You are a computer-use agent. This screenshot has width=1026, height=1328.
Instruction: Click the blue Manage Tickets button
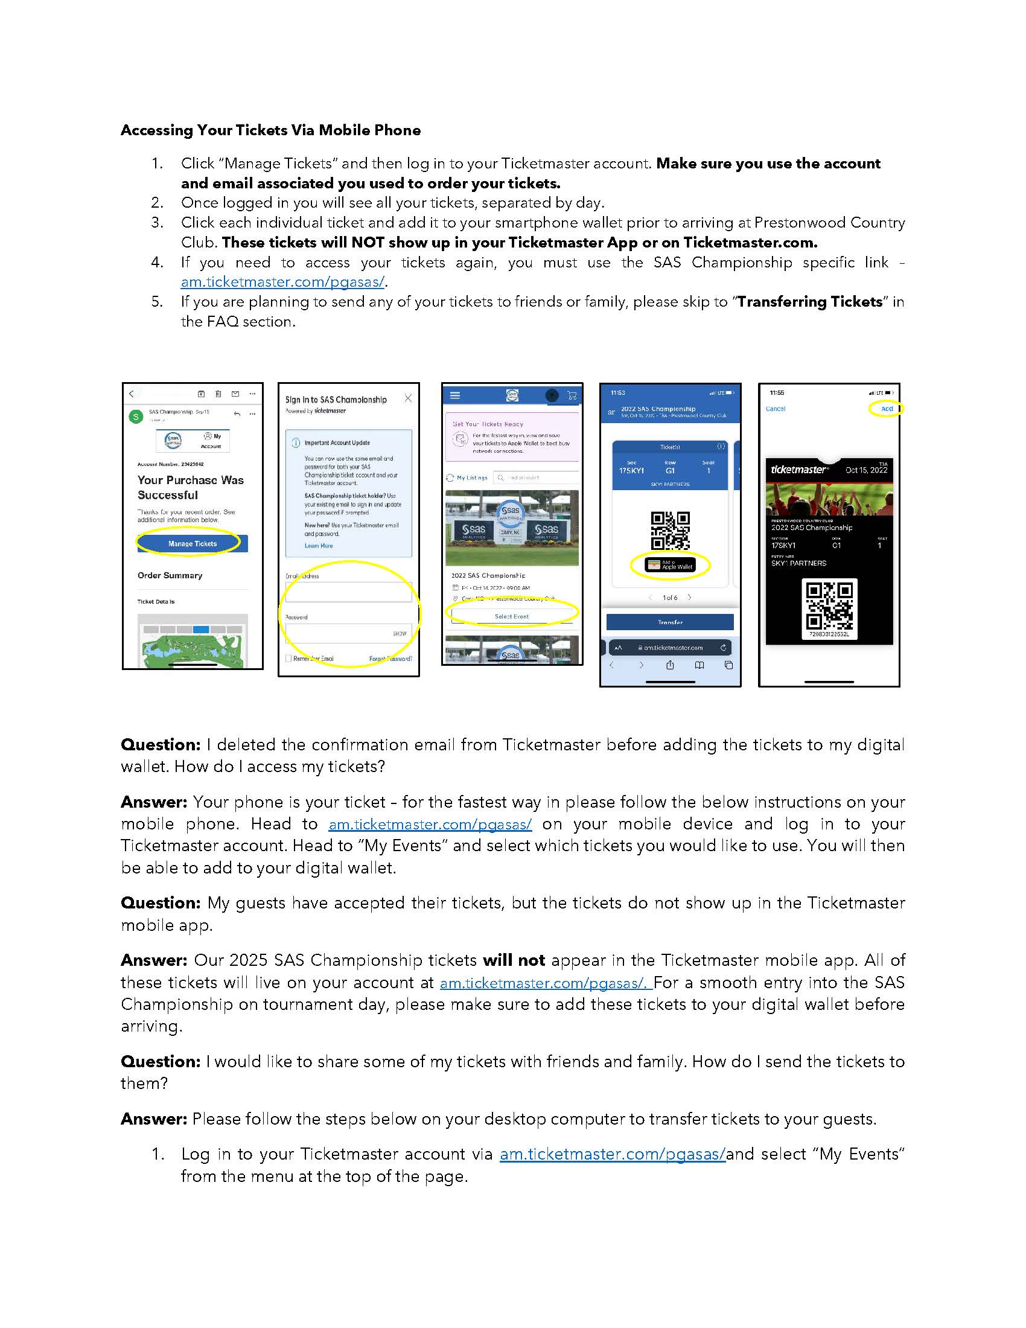(192, 544)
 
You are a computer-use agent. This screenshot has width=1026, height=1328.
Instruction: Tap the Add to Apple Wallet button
(670, 566)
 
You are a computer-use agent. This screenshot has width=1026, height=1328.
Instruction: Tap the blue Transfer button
(670, 622)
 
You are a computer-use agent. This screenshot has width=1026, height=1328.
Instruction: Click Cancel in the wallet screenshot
(775, 409)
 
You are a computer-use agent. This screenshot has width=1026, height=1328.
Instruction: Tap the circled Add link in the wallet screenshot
(887, 409)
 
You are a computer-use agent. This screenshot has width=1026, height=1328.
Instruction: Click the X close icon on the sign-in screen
(408, 398)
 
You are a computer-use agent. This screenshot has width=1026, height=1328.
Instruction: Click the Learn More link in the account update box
(319, 546)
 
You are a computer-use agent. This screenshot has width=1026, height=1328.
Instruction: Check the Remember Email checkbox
(288, 659)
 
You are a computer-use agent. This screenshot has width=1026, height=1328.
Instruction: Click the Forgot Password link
(390, 659)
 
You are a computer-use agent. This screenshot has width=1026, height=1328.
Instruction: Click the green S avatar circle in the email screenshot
(136, 417)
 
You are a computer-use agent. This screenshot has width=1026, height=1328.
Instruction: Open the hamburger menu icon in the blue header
(454, 395)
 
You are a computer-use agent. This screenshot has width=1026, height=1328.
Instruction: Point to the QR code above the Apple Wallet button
(670, 530)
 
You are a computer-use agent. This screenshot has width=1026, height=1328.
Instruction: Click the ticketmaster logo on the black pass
(798, 470)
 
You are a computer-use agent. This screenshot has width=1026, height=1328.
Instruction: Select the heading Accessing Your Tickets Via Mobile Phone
(270, 130)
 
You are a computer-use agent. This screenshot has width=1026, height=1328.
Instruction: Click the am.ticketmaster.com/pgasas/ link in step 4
(282, 282)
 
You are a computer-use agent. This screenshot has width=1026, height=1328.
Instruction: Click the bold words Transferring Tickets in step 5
(809, 302)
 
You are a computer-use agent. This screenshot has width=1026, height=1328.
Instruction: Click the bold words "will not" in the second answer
(514, 960)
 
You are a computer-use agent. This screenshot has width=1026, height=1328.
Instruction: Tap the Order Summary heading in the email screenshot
(170, 575)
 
